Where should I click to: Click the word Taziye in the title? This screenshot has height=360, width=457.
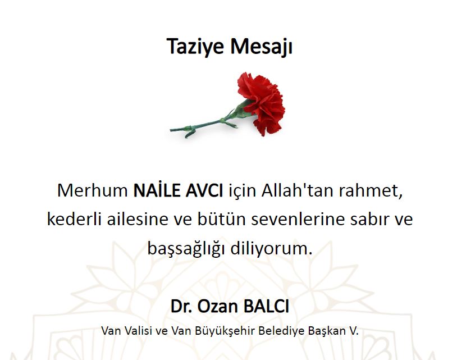[195, 47]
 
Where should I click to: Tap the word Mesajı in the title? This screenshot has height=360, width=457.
[261, 46]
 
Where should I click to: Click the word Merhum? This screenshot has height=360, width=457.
[93, 190]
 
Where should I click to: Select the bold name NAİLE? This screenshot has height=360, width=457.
[157, 190]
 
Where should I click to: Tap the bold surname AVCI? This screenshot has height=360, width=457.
[204, 190]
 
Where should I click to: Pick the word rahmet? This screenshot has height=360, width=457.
[371, 191]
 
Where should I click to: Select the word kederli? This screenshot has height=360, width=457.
[74, 219]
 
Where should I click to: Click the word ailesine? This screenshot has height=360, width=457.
[138, 219]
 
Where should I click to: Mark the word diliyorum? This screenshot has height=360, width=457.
[271, 249]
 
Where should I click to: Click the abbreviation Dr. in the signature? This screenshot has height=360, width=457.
[181, 306]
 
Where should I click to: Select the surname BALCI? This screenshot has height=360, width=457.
[266, 306]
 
